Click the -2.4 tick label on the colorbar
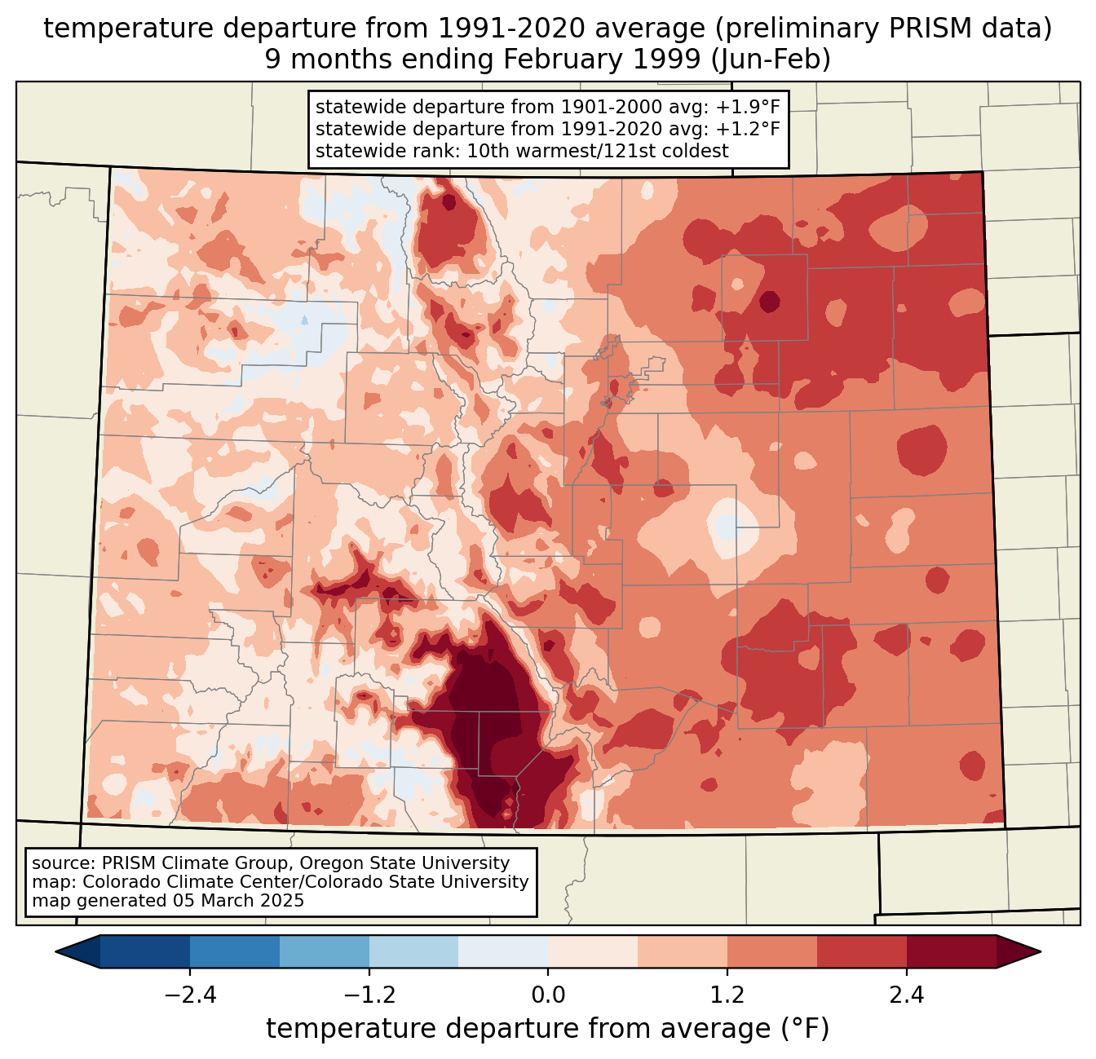pos(190,995)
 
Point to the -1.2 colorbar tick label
pos(369,995)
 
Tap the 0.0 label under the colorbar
pos(548,995)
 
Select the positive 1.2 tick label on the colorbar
pos(727,995)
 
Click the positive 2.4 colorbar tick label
pos(906,995)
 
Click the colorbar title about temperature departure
pos(548,1029)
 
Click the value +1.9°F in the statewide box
pos(749,108)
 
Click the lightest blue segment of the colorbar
pos(503,951)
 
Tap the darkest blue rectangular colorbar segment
pos(145,951)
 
